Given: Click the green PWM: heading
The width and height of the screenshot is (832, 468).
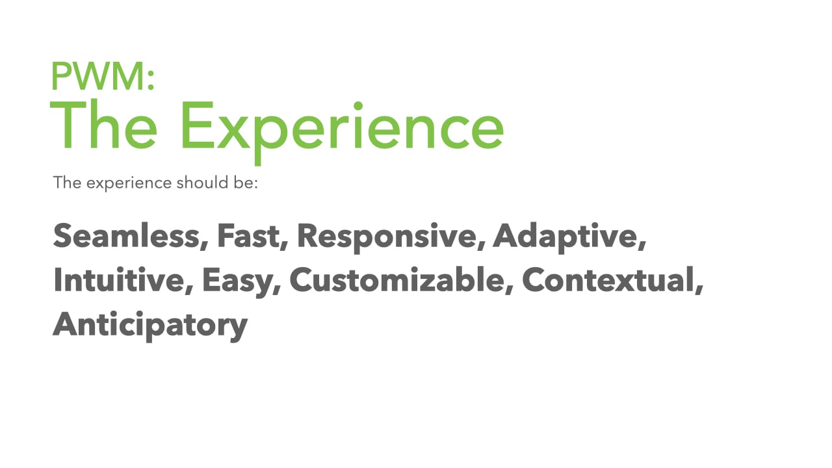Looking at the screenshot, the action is [103, 76].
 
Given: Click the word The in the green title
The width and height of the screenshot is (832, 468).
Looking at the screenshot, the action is [103, 125].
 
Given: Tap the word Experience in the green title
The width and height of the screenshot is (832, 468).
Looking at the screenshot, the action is [343, 132].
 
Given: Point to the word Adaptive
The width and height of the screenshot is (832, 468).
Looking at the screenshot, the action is [567, 238].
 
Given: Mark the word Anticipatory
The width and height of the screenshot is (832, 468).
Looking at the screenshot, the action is [150, 326].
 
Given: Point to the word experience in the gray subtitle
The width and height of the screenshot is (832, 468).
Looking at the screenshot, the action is [129, 183].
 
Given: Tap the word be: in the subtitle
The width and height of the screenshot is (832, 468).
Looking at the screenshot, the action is [246, 183].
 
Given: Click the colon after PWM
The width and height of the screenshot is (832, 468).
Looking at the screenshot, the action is [150, 81].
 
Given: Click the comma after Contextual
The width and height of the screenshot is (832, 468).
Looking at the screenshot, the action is [700, 289].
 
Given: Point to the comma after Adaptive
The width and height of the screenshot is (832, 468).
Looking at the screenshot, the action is [643, 245].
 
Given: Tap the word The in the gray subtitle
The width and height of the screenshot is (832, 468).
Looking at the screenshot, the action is [67, 183].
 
